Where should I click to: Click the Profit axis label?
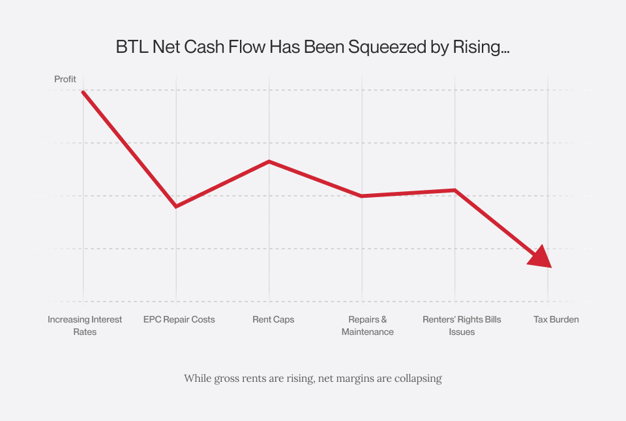tap(65, 79)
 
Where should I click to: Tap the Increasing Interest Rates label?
tap(85, 326)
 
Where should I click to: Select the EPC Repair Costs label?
tap(179, 320)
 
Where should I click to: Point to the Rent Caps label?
tap(273, 320)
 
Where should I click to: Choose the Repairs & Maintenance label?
tap(368, 326)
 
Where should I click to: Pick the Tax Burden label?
tap(556, 320)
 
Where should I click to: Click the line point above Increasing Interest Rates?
tap(83, 92)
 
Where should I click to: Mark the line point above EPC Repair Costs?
tap(176, 206)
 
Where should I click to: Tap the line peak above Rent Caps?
tap(269, 161)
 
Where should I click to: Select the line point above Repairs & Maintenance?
tap(362, 196)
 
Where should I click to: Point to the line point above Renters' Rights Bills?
tap(455, 190)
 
